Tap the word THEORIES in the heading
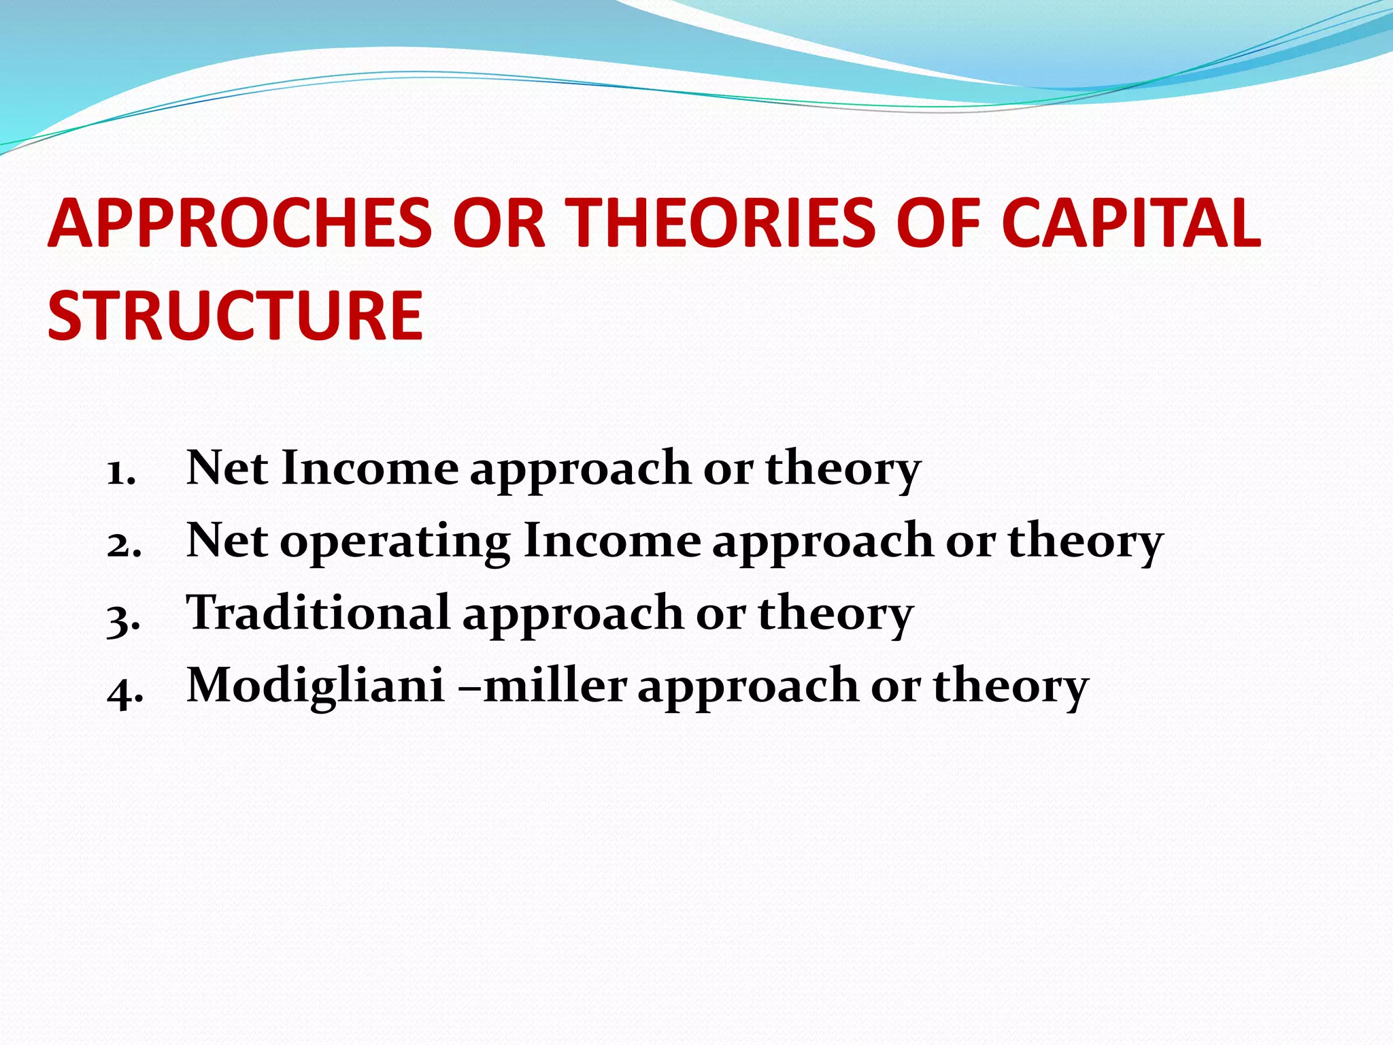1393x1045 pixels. click(720, 223)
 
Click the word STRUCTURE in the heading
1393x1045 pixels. click(235, 315)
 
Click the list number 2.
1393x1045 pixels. click(124, 544)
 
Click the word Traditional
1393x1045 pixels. click(318, 612)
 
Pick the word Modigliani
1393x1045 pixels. click(316, 684)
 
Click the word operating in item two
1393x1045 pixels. click(395, 542)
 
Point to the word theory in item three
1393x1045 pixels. click(835, 614)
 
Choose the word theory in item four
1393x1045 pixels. click(1011, 687)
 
